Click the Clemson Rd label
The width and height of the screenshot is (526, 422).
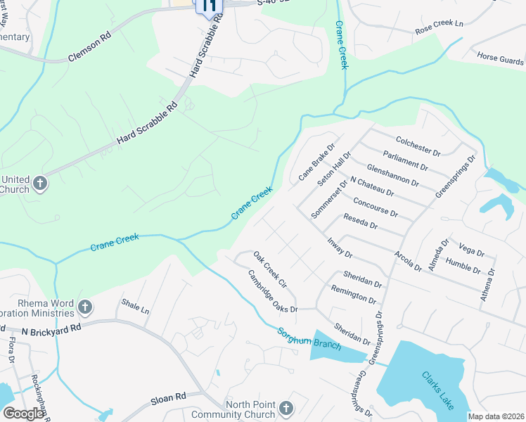(x=90, y=48)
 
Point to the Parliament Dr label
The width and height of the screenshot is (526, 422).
(x=406, y=160)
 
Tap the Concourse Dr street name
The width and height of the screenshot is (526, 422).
(x=376, y=207)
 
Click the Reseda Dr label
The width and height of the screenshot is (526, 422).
(x=360, y=222)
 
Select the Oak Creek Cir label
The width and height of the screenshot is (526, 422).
(x=270, y=270)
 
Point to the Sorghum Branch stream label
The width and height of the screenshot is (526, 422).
(x=309, y=339)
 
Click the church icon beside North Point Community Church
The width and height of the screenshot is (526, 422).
(x=286, y=408)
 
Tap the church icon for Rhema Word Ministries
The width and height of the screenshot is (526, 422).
(x=84, y=307)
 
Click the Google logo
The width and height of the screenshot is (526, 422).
(x=23, y=414)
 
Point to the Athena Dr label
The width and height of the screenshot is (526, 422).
(x=487, y=284)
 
